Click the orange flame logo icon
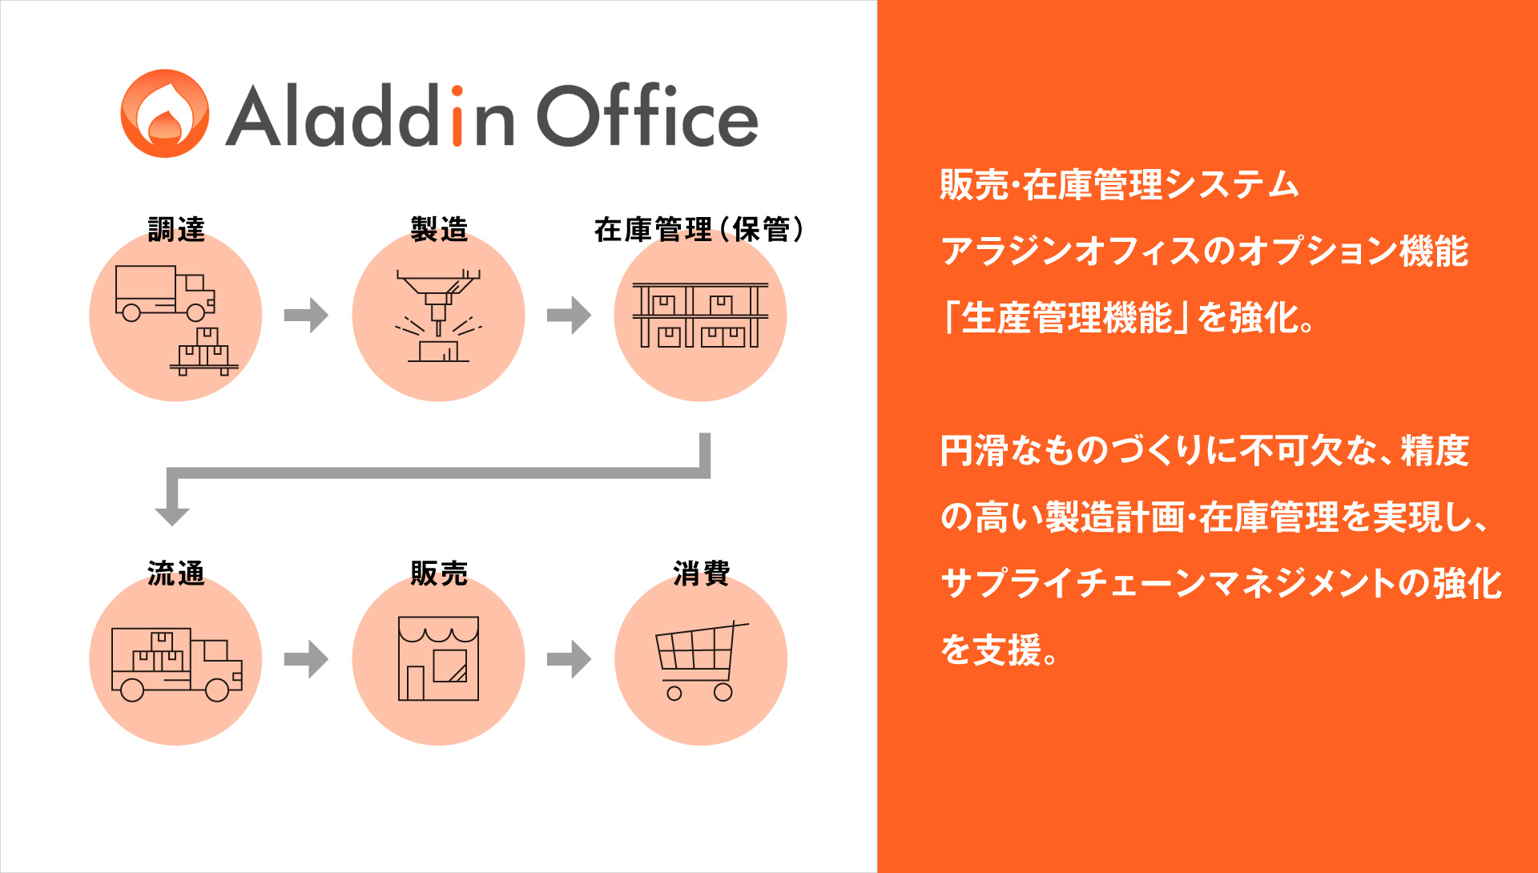(x=165, y=113)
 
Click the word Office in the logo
(x=647, y=115)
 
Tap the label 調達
(x=176, y=229)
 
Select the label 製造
(x=439, y=229)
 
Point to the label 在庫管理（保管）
(x=699, y=229)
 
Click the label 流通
(x=176, y=573)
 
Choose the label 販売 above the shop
(x=439, y=573)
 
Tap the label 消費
(x=702, y=573)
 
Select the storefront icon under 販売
(x=439, y=658)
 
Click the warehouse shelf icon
(x=700, y=315)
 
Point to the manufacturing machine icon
(x=439, y=316)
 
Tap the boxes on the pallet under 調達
(x=204, y=352)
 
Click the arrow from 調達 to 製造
(x=307, y=315)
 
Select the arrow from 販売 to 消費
(x=570, y=659)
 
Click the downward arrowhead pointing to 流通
(x=171, y=516)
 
